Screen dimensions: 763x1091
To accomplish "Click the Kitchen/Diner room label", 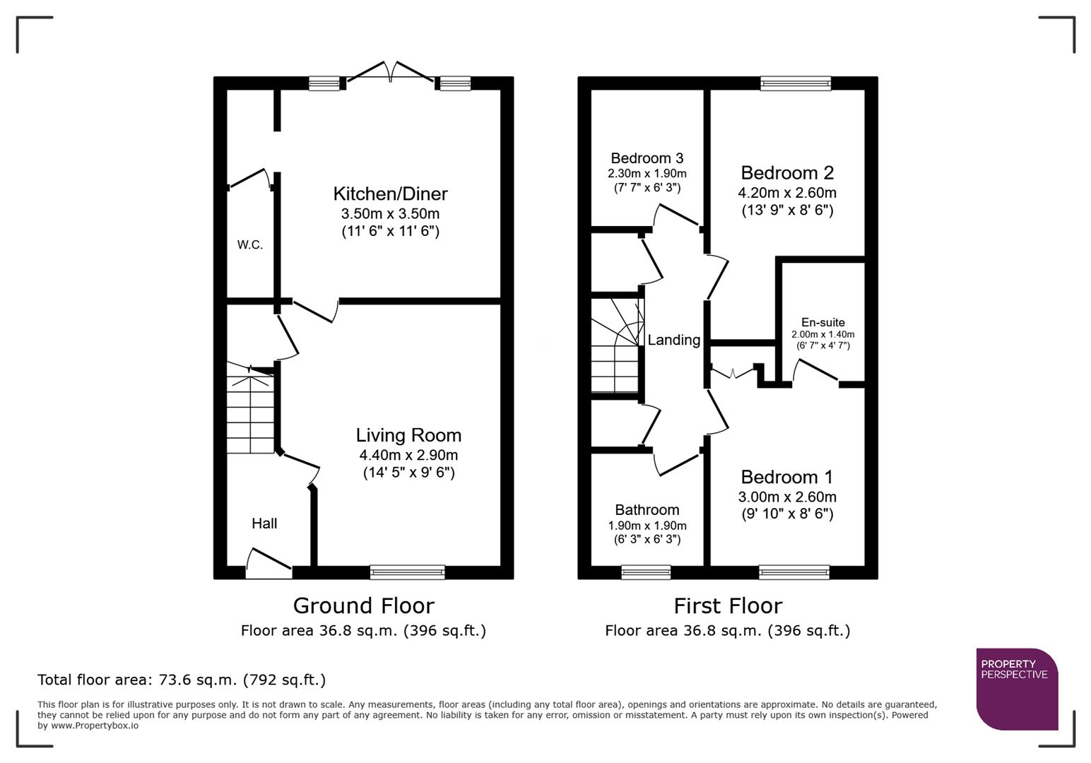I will pos(390,194).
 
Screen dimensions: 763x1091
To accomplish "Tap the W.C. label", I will pos(249,245).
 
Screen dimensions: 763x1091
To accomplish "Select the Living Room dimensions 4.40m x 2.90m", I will pos(408,455).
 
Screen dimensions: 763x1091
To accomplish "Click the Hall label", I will pos(264,524).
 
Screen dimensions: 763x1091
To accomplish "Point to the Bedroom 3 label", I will pos(647,158).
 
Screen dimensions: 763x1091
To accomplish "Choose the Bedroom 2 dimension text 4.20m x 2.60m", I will pos(786,193).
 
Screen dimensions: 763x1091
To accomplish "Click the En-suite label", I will pos(822,322).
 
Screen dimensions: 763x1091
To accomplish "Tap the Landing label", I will pos(673,340).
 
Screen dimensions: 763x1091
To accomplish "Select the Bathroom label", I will pos(647,510).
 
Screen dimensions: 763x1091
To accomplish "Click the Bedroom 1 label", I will pos(786,477).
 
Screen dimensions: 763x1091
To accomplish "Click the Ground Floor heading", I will pos(363,605).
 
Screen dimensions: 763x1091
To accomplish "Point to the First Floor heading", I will pos(727,605).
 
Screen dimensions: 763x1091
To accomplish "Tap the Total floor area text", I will pos(182,680).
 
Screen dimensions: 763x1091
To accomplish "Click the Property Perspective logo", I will pos(1016,688).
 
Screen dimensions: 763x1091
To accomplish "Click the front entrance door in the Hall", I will pos(269,563).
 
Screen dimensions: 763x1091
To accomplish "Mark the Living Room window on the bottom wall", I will pos(408,572).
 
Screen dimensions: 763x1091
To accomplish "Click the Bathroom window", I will pos(646,572).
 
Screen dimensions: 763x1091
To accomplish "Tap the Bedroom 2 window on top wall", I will pos(795,83).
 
